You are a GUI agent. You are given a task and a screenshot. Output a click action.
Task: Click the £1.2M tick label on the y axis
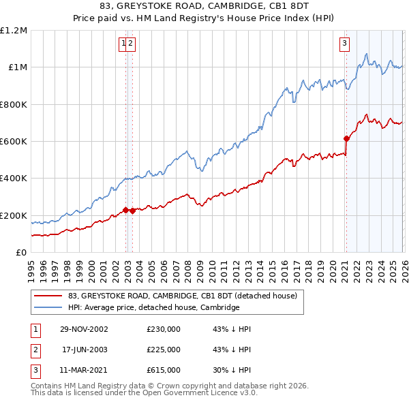coord(14,30)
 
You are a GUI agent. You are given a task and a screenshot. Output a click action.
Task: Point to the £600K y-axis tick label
coord(14,142)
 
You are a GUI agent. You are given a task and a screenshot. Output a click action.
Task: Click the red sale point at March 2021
coord(346,138)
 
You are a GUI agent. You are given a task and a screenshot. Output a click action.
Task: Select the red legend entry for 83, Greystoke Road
coord(182,296)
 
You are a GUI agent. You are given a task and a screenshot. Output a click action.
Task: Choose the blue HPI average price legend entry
coord(153,308)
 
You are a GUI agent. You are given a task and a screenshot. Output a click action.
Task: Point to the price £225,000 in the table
coord(164,350)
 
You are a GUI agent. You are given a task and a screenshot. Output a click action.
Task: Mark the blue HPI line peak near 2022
coord(367,54)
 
